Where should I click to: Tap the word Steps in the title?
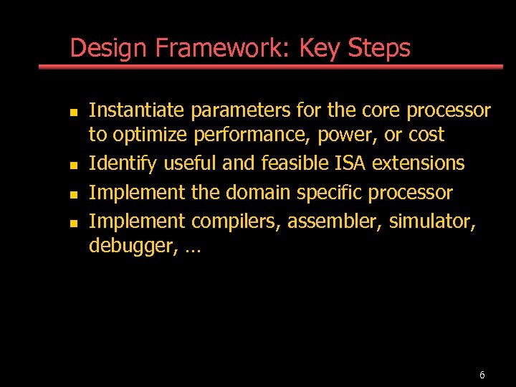(x=379, y=49)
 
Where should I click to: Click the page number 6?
(x=482, y=375)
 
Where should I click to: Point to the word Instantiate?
(x=136, y=110)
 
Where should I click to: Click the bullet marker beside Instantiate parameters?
(x=73, y=113)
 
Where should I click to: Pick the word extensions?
(x=428, y=163)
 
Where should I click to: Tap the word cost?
(x=426, y=135)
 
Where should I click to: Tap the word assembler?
(x=335, y=222)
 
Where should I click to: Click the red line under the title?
(x=271, y=67)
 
